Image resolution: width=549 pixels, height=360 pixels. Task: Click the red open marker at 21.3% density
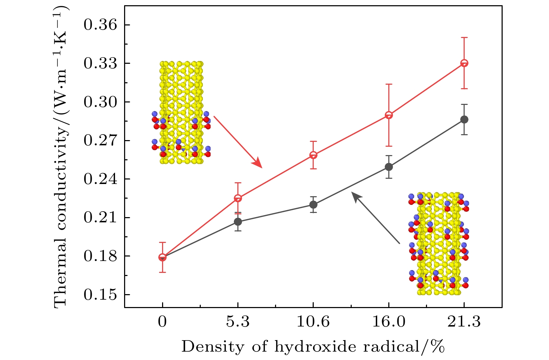pos(464,63)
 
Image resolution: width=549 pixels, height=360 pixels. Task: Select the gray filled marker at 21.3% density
pos(464,120)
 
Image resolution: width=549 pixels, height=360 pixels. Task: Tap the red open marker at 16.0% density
pos(389,115)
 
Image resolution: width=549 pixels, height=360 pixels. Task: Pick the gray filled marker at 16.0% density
pos(389,167)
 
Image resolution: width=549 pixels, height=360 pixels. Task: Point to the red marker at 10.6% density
pos(313,155)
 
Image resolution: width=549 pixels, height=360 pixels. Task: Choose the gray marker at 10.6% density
pos(313,205)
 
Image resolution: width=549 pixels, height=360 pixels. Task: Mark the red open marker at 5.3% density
pos(238,198)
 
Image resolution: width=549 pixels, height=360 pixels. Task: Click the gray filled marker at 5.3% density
pos(238,222)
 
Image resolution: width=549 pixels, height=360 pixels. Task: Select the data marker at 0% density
pos(162,258)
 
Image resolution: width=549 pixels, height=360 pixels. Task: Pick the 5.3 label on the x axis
pos(238,322)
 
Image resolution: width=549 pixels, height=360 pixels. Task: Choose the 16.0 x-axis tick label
pos(389,322)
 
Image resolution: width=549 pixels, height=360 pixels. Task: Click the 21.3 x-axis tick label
pos(464,322)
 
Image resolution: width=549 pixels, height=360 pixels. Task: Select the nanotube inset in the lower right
pos(439,244)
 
